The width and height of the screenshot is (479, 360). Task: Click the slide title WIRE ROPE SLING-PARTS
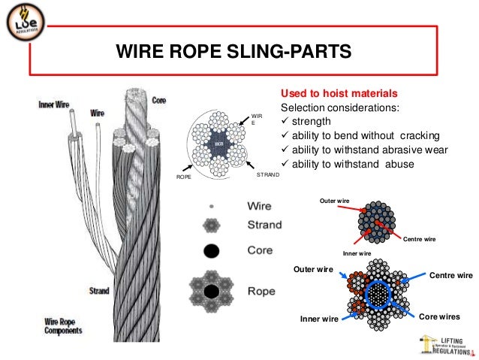[233, 52]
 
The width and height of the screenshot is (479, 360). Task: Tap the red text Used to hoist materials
[338, 94]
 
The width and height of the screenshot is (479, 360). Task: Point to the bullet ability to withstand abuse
[353, 163]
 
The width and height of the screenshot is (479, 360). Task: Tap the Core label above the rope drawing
[158, 99]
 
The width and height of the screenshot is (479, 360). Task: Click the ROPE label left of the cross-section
[184, 177]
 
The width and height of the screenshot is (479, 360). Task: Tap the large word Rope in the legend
[261, 289]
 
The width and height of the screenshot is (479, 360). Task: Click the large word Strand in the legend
[267, 224]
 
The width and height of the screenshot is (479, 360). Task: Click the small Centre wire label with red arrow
[420, 239]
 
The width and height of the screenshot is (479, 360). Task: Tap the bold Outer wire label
[314, 269]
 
